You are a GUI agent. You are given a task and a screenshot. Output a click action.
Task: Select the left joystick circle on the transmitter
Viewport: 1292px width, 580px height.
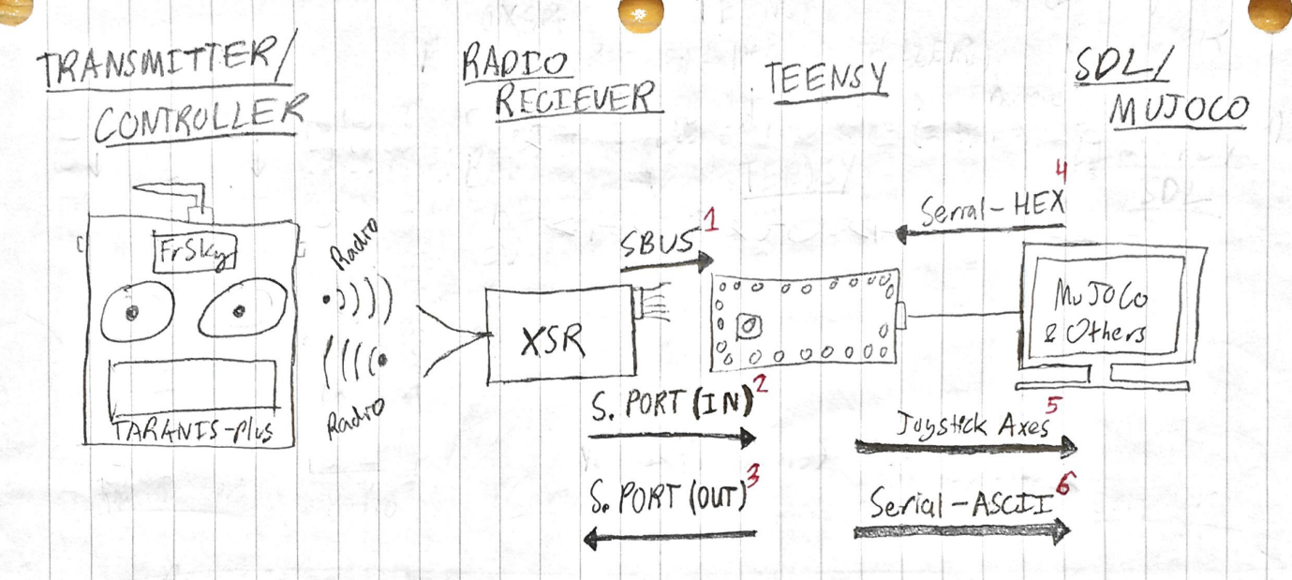[x=135, y=311]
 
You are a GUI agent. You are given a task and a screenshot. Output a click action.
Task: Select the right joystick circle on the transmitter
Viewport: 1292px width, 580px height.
[x=241, y=311]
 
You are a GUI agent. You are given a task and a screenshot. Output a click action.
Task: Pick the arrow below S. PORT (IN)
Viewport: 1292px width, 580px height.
[x=672, y=437]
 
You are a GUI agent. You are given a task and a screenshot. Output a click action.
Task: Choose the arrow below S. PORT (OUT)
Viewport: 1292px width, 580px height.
[x=669, y=536]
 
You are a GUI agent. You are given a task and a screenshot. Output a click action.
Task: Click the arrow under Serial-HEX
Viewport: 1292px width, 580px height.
[x=980, y=233]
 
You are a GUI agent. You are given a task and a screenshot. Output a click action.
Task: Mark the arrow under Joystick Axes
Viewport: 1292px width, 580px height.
[x=966, y=448]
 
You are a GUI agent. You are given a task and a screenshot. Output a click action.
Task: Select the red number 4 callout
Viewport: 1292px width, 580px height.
[x=1062, y=174]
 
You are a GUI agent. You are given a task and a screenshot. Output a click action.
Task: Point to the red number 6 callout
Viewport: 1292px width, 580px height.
[x=1065, y=484]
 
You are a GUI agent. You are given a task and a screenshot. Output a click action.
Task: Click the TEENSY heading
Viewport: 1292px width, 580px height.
[x=824, y=81]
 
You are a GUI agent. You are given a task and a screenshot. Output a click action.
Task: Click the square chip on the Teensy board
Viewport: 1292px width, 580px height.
[x=749, y=326]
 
